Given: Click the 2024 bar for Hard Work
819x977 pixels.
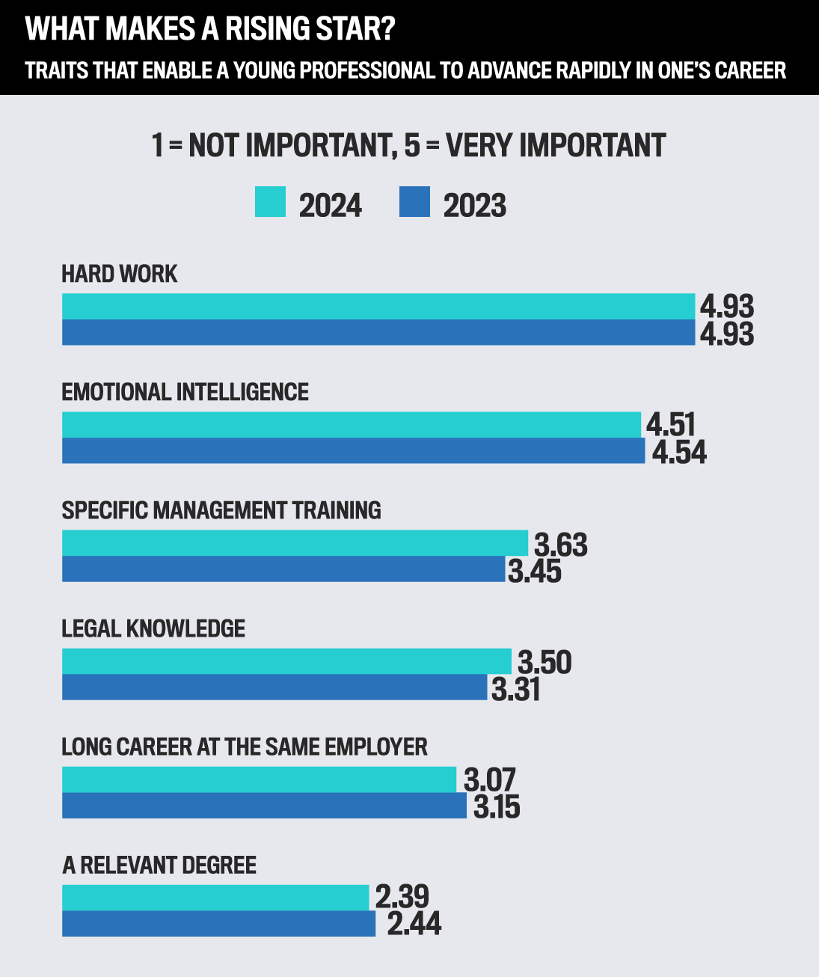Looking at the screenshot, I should point(378,307).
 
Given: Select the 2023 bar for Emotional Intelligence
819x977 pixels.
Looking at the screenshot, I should point(353,451).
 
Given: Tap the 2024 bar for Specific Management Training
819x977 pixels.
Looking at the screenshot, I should point(295,543).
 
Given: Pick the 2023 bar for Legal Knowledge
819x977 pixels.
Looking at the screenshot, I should point(274,687).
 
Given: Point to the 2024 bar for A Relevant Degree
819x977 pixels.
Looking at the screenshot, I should point(215,898).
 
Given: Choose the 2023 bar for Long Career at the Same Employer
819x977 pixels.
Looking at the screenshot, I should point(264,806).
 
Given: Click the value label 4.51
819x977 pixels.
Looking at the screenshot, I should point(671,425).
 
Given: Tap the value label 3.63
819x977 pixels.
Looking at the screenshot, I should point(560,545).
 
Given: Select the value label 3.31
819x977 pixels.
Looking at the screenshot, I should point(515,689).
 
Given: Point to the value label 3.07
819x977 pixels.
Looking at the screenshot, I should point(490,780).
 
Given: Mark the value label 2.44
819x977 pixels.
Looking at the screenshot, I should point(414,924).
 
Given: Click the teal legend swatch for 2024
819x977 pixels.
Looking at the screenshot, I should point(270,202).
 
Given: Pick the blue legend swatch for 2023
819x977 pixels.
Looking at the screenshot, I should point(414,202).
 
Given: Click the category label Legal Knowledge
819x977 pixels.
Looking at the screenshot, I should point(153,628).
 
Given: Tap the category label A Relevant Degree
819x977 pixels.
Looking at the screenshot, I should point(159,866).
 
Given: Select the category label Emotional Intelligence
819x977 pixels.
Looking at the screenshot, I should point(185,392).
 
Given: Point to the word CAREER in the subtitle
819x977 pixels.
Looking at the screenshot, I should point(750,70).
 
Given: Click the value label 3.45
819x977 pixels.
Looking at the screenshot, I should point(534,572).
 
